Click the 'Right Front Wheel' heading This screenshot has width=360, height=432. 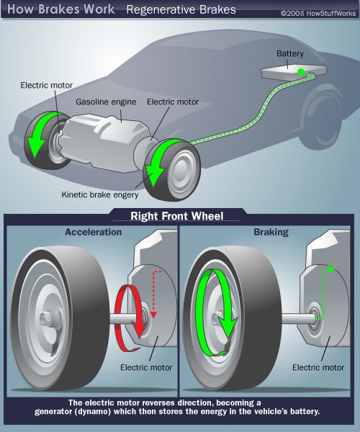point(179,215)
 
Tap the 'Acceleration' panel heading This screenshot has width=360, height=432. point(93,233)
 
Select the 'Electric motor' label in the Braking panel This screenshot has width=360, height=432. point(318,367)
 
